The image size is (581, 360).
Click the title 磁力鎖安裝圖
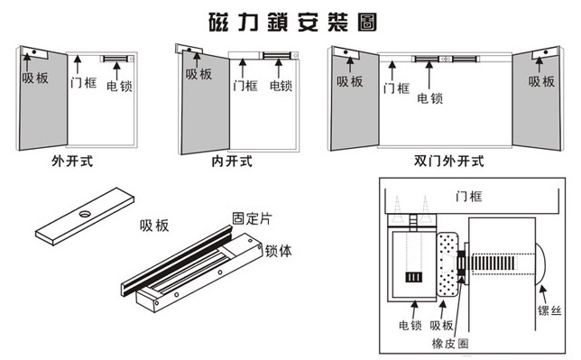292,23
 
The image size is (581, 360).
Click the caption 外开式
72,162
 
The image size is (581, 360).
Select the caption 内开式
232,162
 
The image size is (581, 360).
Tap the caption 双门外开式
448,162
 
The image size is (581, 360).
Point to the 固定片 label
252,218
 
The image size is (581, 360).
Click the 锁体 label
278,251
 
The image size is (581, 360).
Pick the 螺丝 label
549,310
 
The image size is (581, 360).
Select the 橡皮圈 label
450,344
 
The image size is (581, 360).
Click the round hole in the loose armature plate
85,214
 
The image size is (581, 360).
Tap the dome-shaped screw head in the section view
541,264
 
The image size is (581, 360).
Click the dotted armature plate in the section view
447,264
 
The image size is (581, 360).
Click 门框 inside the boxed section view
469,197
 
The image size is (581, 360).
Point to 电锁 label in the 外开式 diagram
119,86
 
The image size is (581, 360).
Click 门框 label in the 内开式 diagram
244,86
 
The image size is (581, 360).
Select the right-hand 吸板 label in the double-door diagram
541,81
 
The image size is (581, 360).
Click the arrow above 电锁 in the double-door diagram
429,75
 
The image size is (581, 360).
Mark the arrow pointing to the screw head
542,294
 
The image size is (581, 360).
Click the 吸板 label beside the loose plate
154,226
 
